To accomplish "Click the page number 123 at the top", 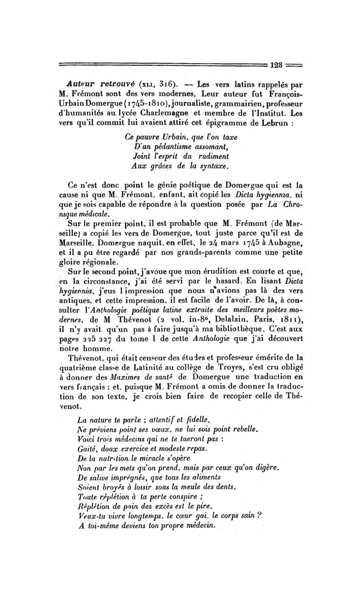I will click(x=277, y=65).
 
